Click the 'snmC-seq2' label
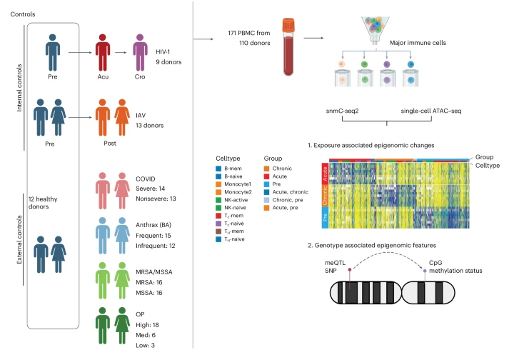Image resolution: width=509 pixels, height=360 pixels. pos(341,112)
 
